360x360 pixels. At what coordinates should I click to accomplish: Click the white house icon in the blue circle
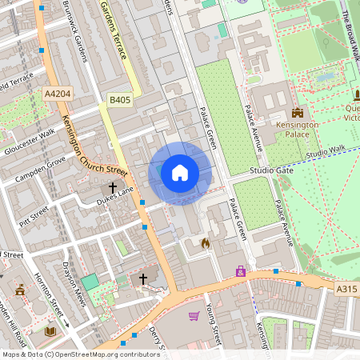coord(180,173)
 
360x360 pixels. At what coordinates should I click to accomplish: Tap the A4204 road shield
coord(57,94)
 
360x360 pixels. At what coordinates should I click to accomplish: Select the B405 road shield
coord(119,100)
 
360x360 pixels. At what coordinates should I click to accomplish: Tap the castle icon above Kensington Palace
coord(298,113)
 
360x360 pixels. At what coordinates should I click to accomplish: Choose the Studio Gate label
coord(272,171)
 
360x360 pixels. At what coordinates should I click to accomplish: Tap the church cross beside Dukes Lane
coord(113,188)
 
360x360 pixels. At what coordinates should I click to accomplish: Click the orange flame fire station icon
coord(205,242)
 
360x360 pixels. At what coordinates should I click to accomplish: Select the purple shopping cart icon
coord(194,316)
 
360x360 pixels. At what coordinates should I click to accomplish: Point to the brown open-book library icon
coord(50,330)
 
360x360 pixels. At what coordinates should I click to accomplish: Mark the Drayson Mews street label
coord(74,280)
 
